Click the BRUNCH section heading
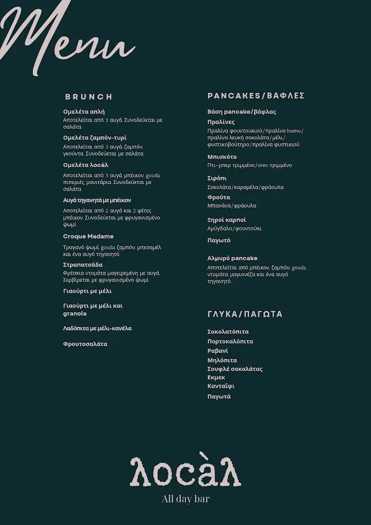(x=89, y=96)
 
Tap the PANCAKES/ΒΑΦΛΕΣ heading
(x=256, y=96)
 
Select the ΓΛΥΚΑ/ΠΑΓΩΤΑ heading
(x=245, y=314)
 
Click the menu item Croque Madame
(x=88, y=236)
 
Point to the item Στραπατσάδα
(x=83, y=265)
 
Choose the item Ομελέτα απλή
(x=84, y=111)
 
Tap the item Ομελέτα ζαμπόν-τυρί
(x=94, y=137)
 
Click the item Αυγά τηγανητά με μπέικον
(x=97, y=200)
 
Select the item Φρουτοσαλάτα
(x=85, y=344)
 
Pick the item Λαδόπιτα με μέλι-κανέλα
(x=97, y=328)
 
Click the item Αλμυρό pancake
(x=232, y=258)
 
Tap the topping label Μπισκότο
(x=222, y=157)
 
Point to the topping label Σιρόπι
(x=217, y=178)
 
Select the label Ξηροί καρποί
(x=226, y=220)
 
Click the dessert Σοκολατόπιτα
(x=228, y=332)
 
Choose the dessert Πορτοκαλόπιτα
(x=230, y=341)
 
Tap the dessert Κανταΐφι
(x=221, y=386)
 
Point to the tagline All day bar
(x=186, y=499)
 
